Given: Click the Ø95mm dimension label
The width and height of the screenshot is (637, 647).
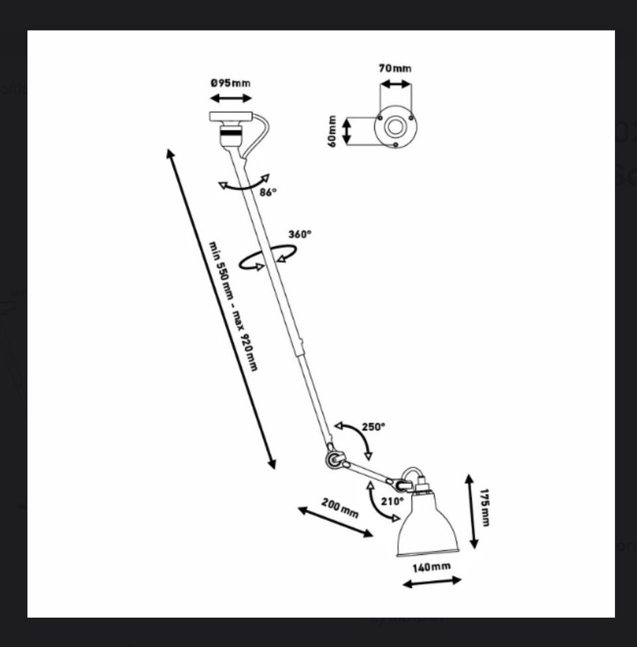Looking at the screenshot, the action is click(231, 83).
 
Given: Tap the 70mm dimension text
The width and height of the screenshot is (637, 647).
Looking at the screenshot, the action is click(395, 68).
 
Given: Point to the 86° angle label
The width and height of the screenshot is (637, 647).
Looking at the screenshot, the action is click(268, 192).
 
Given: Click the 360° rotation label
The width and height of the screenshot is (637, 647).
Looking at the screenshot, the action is click(300, 234).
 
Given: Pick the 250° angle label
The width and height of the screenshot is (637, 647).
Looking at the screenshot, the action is click(374, 427).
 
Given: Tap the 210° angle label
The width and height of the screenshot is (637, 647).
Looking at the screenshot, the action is click(392, 502).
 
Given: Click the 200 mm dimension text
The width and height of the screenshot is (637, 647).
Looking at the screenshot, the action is click(340, 508).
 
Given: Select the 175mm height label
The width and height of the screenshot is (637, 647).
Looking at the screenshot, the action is click(485, 508).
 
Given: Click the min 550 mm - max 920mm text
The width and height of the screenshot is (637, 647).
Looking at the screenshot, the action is click(234, 306).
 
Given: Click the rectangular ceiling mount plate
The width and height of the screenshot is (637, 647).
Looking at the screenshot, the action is click(231, 117).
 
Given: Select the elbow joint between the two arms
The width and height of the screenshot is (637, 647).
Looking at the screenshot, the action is click(333, 459).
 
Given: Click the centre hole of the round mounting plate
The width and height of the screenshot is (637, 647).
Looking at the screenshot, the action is click(395, 127).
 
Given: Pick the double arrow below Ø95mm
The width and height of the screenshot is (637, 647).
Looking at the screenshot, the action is click(231, 98).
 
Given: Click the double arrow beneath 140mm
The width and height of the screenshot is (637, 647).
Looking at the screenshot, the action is click(432, 582).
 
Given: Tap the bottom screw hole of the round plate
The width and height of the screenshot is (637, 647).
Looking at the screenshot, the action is click(395, 145).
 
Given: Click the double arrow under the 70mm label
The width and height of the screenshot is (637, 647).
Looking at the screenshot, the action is click(395, 84).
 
